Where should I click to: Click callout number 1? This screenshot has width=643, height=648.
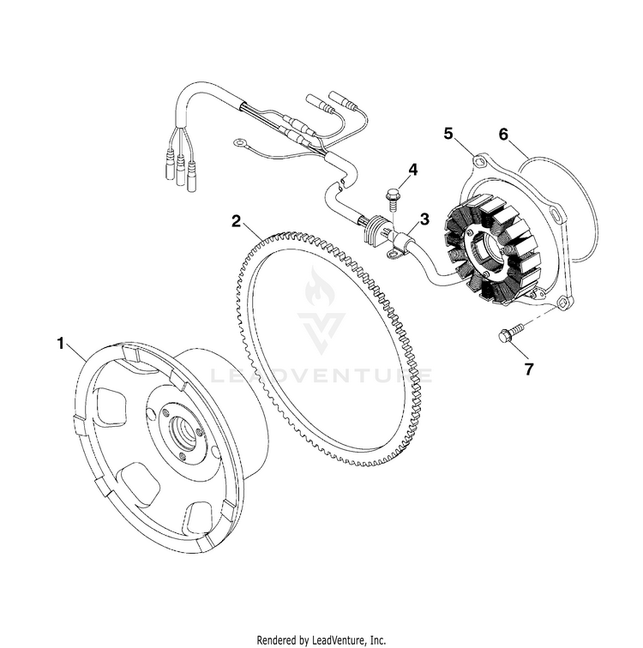point(61,343)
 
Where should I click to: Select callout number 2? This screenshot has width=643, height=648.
point(236,220)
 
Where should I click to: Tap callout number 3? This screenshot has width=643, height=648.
point(424,220)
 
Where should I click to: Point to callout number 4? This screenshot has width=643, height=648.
point(412,170)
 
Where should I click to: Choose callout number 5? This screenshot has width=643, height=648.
point(448,133)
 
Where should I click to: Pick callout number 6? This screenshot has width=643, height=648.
point(503,133)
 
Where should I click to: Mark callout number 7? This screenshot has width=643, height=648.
point(529,369)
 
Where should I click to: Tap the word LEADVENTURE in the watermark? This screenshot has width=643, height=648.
point(322,375)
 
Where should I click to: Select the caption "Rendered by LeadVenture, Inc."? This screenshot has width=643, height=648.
point(321,639)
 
